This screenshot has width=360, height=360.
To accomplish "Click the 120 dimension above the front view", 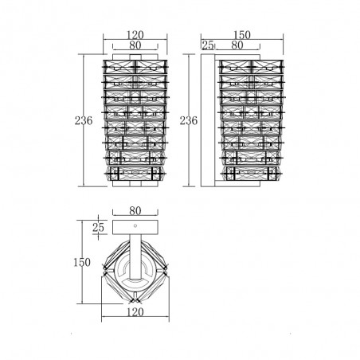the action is (135, 35).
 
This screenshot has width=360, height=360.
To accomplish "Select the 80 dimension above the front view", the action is (135, 45).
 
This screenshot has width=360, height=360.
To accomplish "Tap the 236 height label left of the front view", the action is (84, 121).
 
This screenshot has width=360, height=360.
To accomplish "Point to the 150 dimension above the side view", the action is (242, 35).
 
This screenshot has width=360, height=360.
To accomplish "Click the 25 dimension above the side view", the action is (208, 45).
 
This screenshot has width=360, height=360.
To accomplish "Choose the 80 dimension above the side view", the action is (237, 45).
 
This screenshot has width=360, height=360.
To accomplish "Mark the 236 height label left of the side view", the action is (189, 121).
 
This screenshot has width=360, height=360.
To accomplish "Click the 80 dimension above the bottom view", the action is (135, 211).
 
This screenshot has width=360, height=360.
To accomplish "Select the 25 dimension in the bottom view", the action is (98, 228).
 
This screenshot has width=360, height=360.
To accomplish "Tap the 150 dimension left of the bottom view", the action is (82, 263).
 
